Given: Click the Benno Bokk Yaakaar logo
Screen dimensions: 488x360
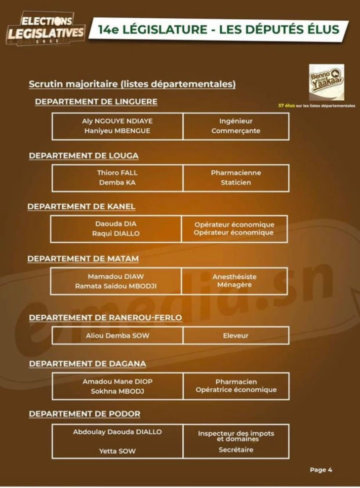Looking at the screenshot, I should [326, 82].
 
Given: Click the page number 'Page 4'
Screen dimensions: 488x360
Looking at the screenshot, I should [321, 470].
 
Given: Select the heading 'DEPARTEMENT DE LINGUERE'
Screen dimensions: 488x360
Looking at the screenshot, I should [96, 102].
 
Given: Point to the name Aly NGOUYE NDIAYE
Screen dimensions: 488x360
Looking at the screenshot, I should [118, 120].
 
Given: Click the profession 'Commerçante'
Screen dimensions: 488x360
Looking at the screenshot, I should [236, 131].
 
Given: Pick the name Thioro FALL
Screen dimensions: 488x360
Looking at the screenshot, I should [117, 173].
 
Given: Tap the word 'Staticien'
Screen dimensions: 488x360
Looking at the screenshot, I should [236, 183].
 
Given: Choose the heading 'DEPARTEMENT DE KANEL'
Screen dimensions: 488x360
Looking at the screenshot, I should [81, 206].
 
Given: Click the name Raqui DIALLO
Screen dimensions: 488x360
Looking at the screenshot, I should [116, 233].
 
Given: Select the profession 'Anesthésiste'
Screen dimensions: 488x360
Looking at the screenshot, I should [235, 277].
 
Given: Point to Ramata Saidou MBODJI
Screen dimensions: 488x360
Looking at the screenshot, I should [116, 286].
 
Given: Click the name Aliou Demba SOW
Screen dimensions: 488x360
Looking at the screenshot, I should [118, 336].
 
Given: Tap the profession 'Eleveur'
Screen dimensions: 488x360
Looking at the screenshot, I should [236, 336].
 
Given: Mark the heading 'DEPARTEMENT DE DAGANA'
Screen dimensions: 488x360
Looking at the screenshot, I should [87, 364].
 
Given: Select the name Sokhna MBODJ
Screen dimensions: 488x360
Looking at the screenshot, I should [117, 391].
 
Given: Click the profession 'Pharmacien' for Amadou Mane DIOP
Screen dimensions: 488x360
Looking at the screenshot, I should [236, 381].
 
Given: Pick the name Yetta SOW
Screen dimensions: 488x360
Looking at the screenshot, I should [117, 450].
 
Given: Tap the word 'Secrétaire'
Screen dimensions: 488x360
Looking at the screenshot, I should [236, 450].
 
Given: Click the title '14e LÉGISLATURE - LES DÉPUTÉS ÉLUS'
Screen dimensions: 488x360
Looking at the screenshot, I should [218, 30].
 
